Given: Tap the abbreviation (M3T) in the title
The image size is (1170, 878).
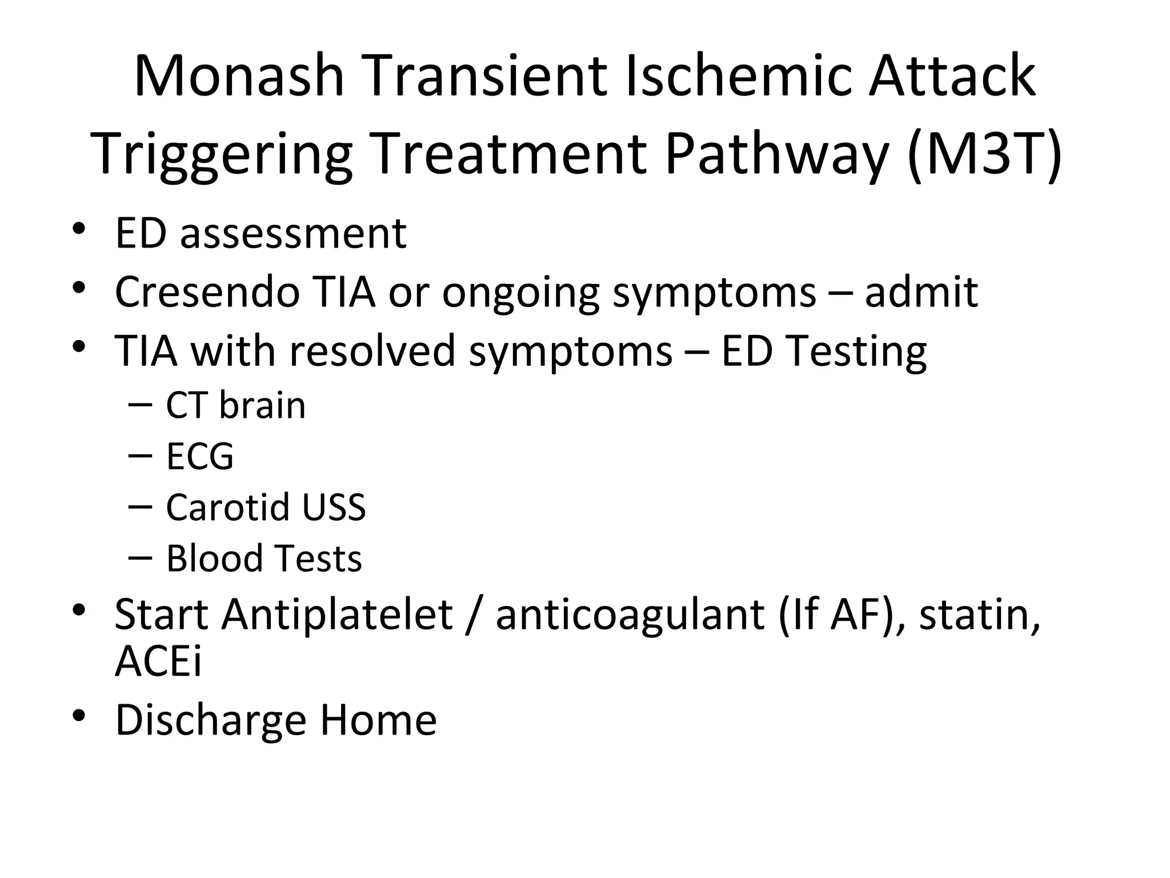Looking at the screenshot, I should coord(984,153).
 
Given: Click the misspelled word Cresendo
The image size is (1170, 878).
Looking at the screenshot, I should coord(207,292).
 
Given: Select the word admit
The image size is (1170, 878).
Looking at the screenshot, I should coord(921,292).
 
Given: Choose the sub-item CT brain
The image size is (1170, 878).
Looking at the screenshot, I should coord(235,405).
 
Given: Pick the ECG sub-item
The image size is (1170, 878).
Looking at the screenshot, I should coord(199,456).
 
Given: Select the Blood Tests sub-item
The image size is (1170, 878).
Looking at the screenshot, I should coord(263,558).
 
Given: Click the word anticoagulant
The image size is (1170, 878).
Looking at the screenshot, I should coord(630,615).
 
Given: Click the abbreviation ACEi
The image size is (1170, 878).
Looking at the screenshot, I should coord(158,662).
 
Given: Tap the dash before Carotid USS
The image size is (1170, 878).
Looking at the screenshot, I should coord(141,506).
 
